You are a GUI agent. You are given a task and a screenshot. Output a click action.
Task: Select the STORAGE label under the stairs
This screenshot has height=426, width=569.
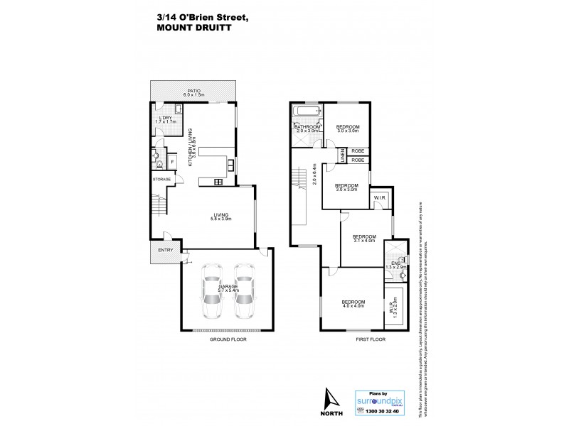click(161, 180)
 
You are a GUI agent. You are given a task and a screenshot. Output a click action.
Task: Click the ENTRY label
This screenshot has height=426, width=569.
click(165, 250)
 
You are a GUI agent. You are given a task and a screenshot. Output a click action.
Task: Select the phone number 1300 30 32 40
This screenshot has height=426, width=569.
click(383, 411)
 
